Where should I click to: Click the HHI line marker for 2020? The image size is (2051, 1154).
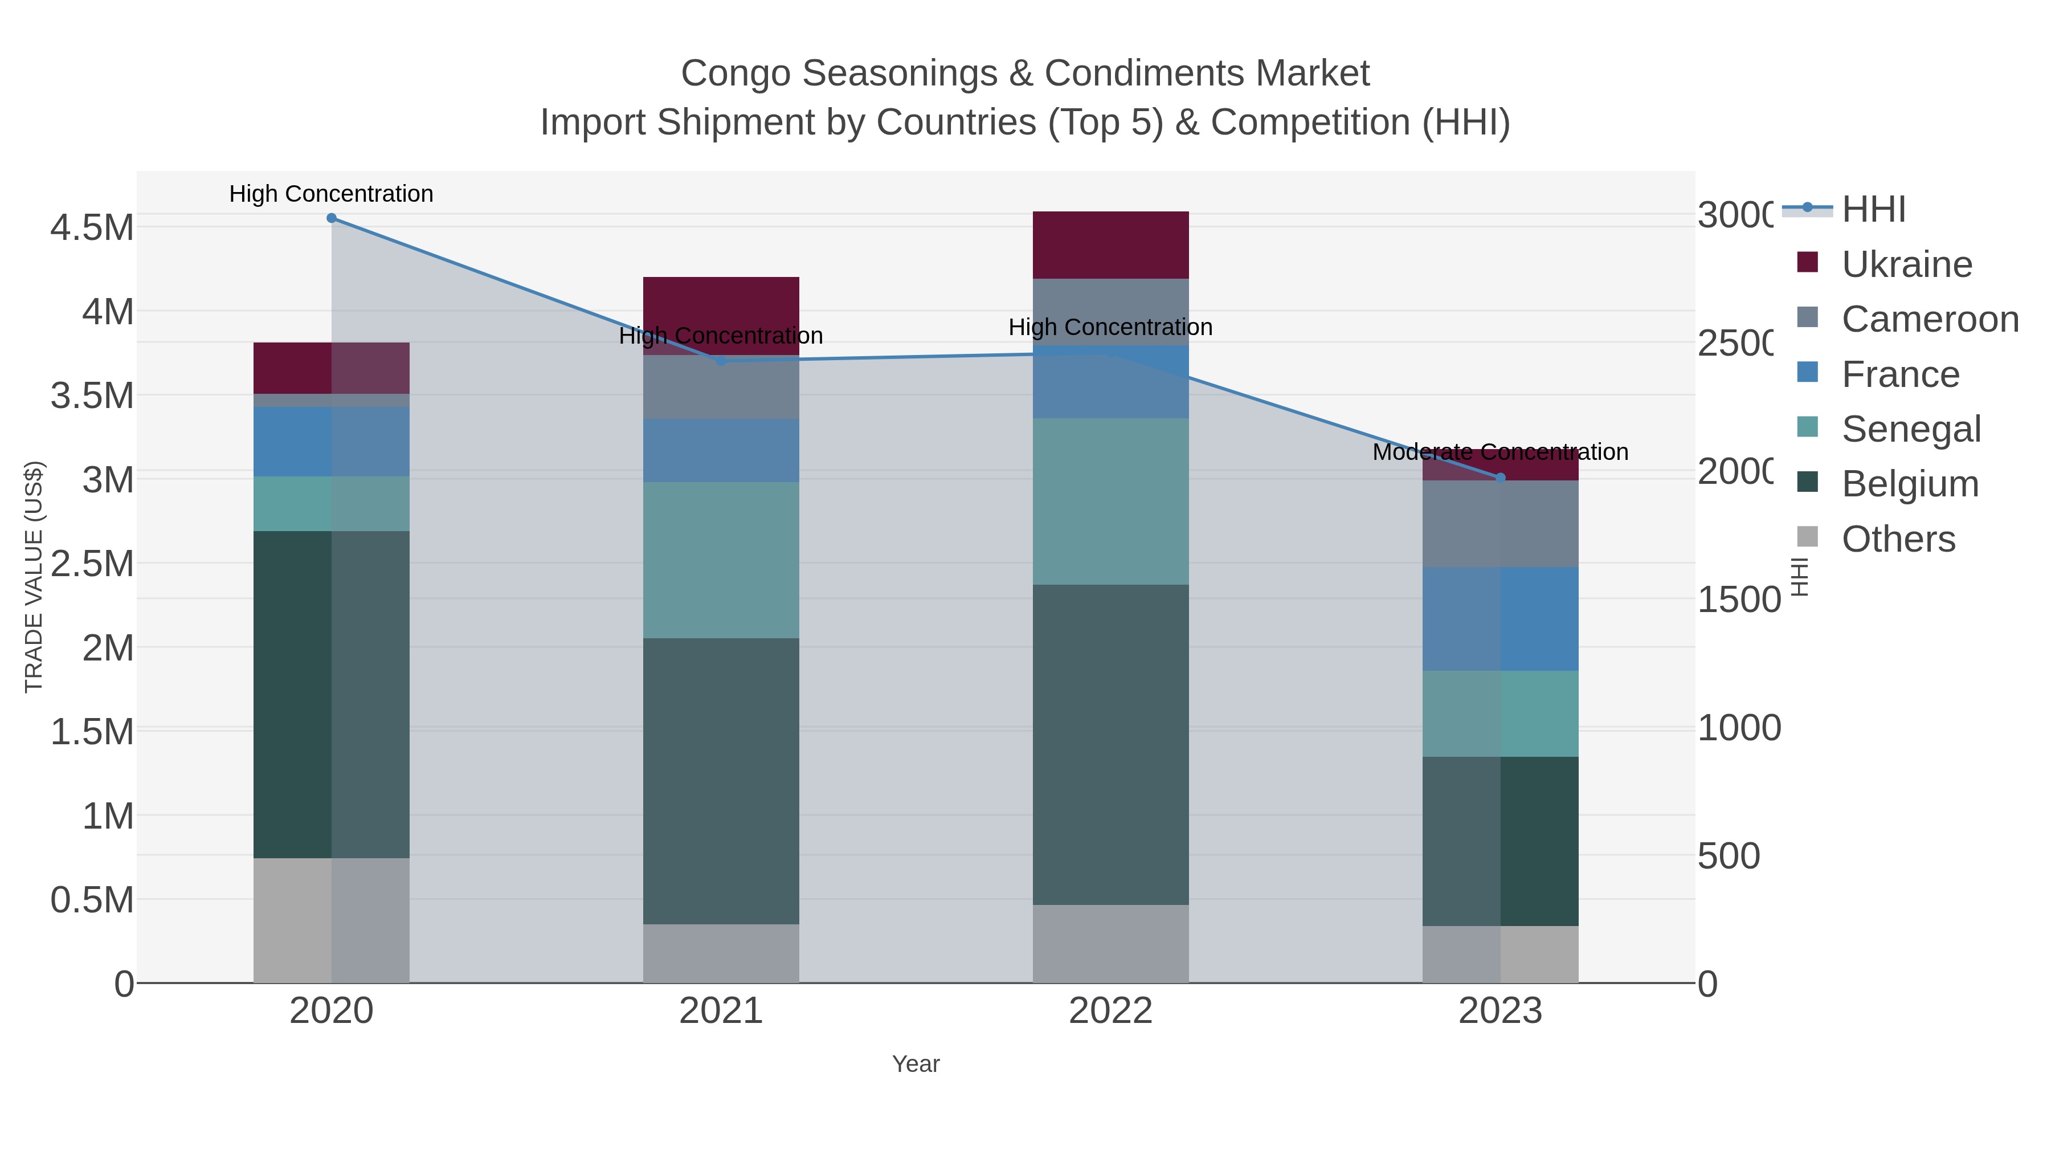(331, 218)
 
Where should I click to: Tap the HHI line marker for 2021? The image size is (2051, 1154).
(721, 361)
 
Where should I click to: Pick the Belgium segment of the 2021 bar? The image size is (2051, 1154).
(721, 781)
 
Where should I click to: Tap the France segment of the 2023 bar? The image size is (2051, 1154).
(1500, 619)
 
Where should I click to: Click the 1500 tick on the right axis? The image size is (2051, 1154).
(1738, 600)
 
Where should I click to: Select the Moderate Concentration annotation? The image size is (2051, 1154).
(1500, 452)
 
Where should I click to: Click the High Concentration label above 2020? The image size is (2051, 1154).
(331, 194)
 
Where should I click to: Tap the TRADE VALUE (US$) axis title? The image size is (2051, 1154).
(34, 577)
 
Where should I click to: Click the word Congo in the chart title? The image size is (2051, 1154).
(735, 74)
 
